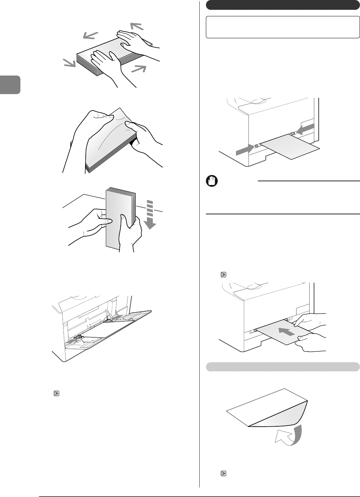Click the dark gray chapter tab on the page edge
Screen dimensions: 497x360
point(10,85)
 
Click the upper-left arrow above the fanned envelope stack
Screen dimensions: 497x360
point(90,35)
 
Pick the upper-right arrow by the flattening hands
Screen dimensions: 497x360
point(137,26)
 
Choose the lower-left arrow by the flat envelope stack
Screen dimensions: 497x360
point(69,63)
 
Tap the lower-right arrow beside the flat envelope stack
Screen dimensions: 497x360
point(139,69)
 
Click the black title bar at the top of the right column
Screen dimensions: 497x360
point(283,6)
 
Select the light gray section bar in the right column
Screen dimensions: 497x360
point(283,367)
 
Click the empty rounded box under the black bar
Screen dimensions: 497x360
point(283,27)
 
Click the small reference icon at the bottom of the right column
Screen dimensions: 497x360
point(224,473)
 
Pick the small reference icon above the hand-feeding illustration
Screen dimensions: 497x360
point(223,275)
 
